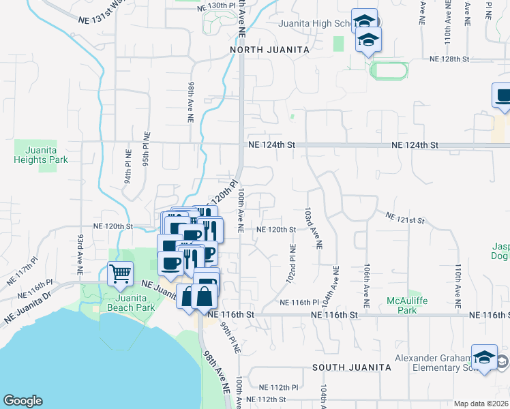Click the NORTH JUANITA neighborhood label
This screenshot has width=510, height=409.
tap(270, 50)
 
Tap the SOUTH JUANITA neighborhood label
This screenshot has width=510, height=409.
tap(352, 367)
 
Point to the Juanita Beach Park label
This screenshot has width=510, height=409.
tap(123, 302)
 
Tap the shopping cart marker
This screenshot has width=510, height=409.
tap(121, 274)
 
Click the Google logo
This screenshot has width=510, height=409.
tap(22, 401)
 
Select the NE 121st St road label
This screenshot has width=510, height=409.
tap(405, 219)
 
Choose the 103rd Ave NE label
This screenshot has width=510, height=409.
tap(313, 228)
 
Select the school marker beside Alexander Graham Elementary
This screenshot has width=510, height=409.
tap(484, 358)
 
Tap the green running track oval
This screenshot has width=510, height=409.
tap(389, 70)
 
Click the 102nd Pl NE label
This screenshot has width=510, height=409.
tap(292, 265)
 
